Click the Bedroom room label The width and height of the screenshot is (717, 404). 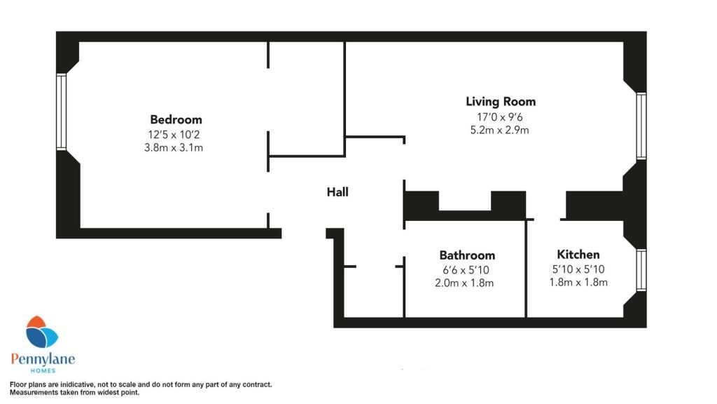point(176,119)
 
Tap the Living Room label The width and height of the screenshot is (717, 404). point(501,102)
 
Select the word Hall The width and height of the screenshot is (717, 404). point(337,191)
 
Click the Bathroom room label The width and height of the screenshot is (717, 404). point(467,255)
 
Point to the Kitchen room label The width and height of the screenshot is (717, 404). point(578,254)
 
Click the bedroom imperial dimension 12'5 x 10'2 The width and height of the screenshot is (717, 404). point(176,134)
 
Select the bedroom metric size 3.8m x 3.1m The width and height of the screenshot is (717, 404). point(176,148)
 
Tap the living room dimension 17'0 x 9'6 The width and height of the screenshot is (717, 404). point(501,116)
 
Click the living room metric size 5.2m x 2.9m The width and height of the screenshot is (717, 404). point(501,130)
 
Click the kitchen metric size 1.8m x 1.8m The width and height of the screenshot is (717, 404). point(578,283)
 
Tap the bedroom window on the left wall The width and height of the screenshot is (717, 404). point(61,112)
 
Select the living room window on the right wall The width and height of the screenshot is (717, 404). point(641,126)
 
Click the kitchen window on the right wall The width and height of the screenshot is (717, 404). point(641,270)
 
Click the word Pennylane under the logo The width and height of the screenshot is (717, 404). point(43,359)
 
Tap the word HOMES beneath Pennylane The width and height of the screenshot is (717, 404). point(43,371)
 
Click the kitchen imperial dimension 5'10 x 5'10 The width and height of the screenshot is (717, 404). point(578,269)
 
